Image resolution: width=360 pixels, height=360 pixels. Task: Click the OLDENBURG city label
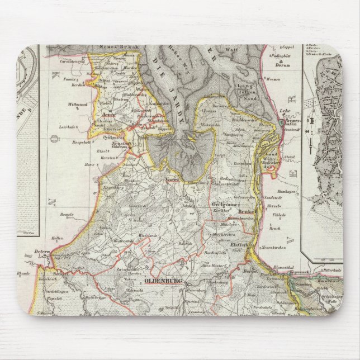pos(162,281)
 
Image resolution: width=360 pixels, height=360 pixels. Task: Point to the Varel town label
pos(171,180)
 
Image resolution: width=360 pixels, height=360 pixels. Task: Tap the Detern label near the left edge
pos(42,252)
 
